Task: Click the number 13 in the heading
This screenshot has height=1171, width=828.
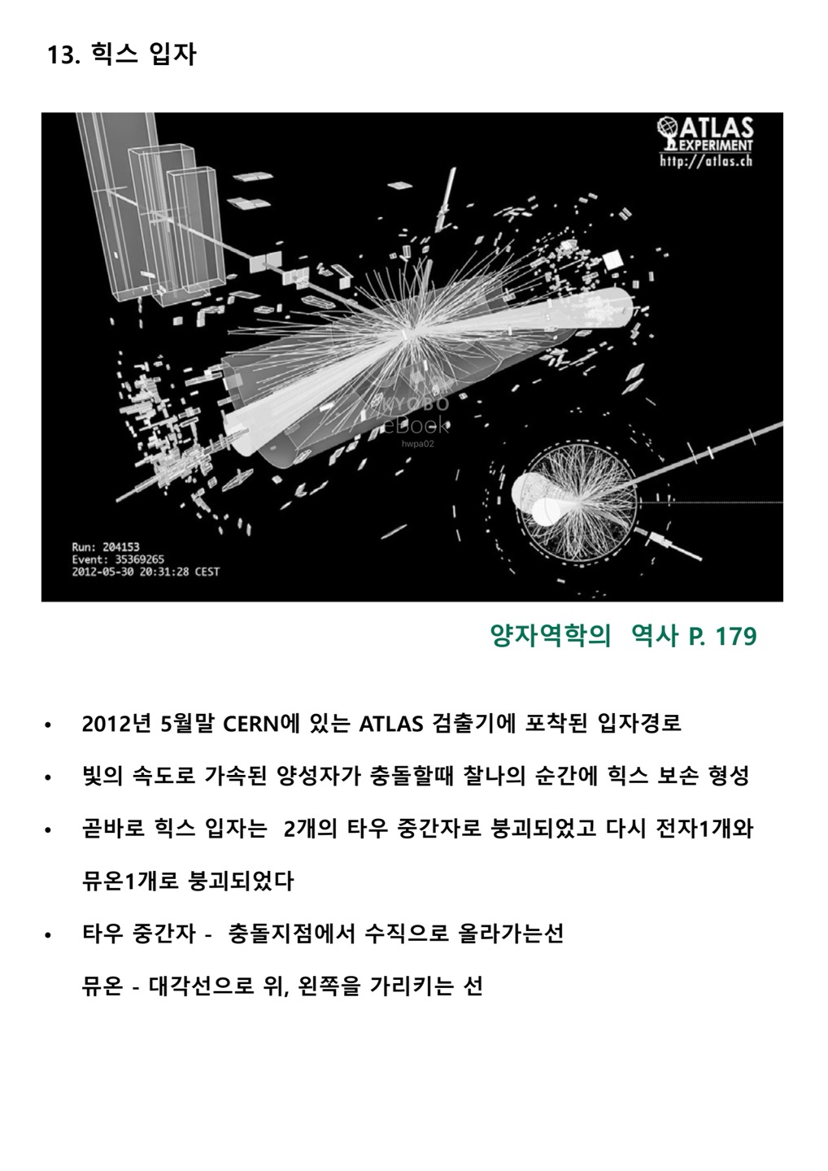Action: click(59, 54)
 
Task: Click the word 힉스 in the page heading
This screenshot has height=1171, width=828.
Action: click(115, 54)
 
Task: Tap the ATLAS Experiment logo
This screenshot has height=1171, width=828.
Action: click(705, 134)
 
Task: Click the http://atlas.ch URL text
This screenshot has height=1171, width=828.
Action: click(706, 160)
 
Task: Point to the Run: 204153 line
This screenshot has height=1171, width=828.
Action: click(106, 546)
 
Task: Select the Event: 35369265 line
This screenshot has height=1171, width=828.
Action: click(118, 559)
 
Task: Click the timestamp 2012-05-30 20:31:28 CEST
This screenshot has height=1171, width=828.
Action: click(146, 572)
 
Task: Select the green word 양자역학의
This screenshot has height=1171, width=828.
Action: click(551, 636)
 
